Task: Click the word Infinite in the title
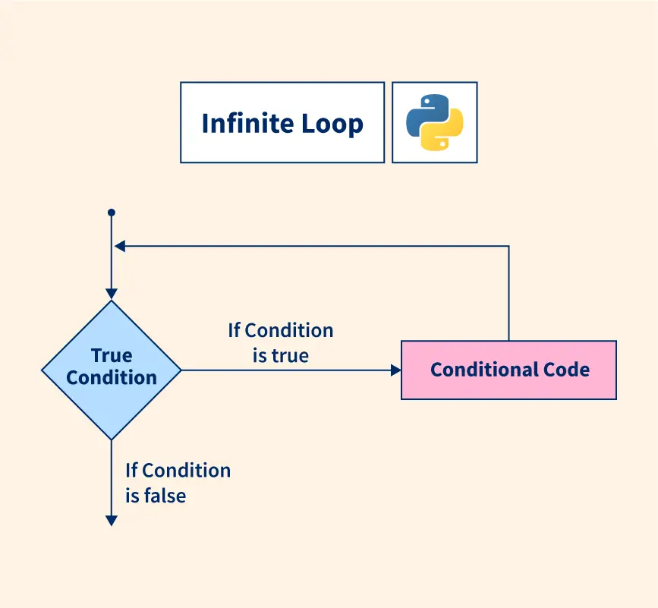click(244, 123)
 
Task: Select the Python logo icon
click(435, 123)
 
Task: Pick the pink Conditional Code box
click(508, 370)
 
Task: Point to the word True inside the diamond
click(112, 355)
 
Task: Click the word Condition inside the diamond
click(112, 377)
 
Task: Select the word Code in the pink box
click(566, 370)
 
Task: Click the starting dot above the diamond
click(112, 213)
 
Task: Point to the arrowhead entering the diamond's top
click(112, 294)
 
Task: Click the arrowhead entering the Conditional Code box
click(395, 370)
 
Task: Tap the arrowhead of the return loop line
click(120, 246)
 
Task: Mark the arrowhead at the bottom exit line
click(112, 520)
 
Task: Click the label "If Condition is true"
click(281, 342)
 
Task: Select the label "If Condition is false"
click(178, 483)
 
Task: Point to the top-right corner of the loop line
click(508, 246)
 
